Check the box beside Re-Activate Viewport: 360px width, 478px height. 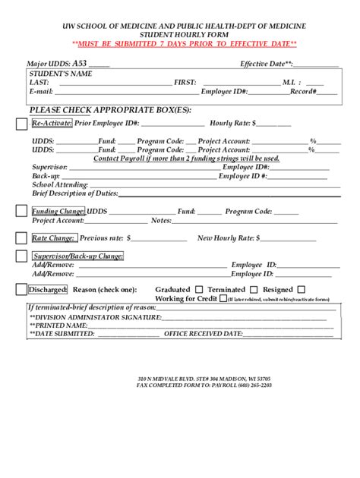pos(21,124)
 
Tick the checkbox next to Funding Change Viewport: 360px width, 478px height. pos(21,214)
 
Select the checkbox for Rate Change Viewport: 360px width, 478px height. pos(21,239)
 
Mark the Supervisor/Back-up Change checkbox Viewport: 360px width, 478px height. pos(21,258)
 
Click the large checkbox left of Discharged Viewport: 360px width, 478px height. pos(21,289)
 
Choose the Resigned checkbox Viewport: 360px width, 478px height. pos(302,289)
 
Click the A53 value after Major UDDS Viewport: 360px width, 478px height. pos(80,64)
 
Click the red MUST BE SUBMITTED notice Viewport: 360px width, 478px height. pos(179,44)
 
